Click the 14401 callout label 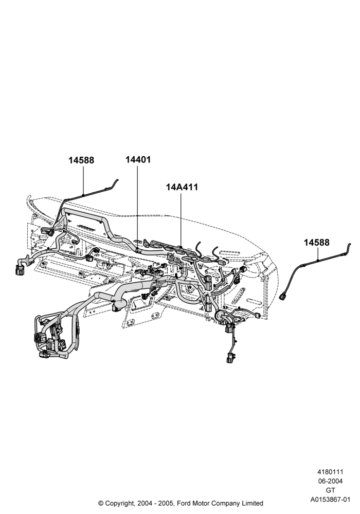(x=138, y=160)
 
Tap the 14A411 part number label (x=182, y=187)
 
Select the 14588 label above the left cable (x=81, y=160)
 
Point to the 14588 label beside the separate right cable (x=316, y=243)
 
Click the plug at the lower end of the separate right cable (x=283, y=297)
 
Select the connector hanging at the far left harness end (x=19, y=270)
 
